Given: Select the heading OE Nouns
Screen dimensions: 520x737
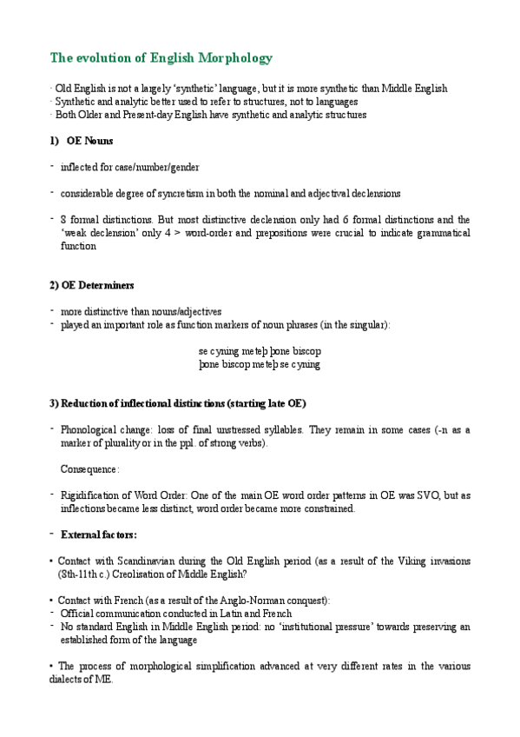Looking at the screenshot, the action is tap(89, 141).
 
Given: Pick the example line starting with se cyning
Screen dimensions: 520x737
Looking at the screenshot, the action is tap(260, 351).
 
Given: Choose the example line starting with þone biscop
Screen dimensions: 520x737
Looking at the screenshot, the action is tap(260, 365).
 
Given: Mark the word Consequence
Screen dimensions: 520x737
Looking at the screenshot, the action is tap(89, 469).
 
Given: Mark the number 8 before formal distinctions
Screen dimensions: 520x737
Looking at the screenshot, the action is tap(63, 220).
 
